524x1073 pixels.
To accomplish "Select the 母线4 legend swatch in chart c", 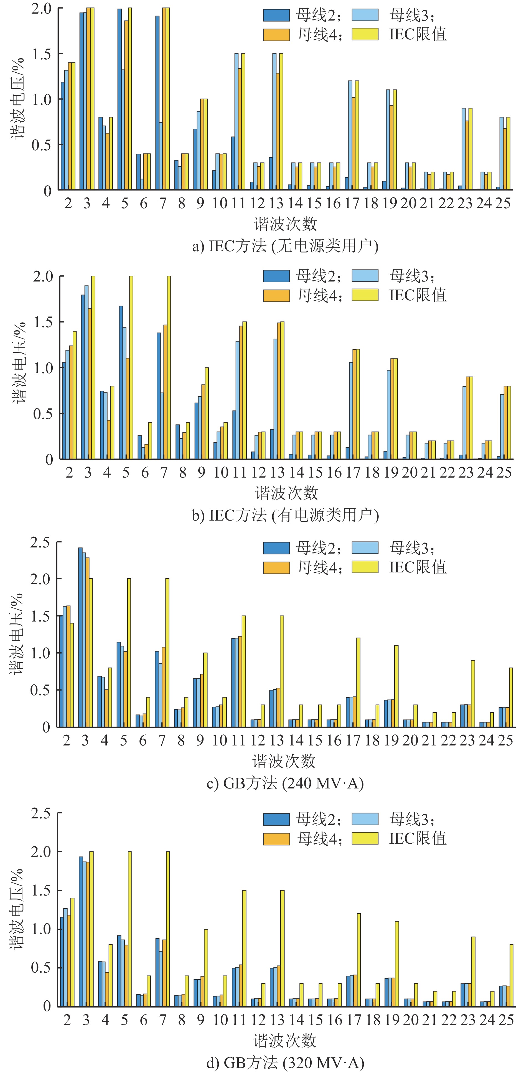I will click(276, 567).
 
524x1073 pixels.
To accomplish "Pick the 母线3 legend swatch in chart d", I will click(365, 819).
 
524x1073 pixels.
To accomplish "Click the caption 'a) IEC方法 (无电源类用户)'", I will click(285, 246).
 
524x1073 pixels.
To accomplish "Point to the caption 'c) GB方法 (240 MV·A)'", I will click(285, 783).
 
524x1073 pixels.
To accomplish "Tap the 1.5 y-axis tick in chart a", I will click(41, 54).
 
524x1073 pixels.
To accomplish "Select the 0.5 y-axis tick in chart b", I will click(43, 414).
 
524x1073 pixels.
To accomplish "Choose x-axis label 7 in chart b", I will click(163, 472).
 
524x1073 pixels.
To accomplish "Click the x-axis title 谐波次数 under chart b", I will click(287, 493).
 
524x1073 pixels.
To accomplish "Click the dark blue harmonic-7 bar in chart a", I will click(157, 103).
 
